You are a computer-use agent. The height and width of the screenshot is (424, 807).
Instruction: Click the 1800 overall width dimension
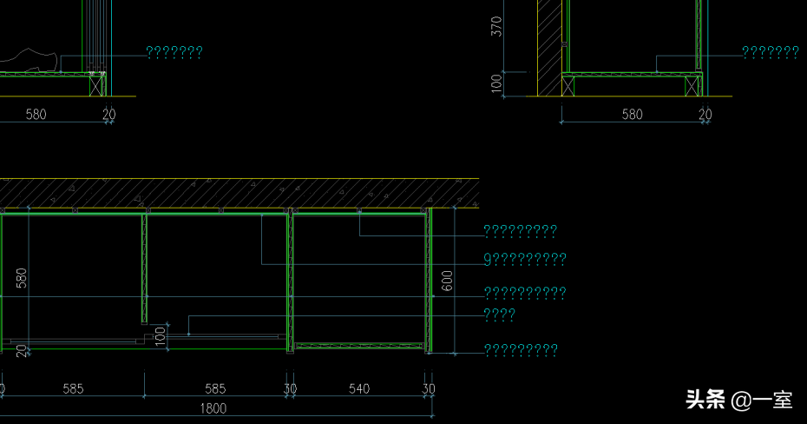click(x=213, y=408)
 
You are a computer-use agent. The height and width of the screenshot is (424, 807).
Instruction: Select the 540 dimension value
click(x=359, y=388)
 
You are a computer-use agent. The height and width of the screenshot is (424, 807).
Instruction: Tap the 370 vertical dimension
click(x=496, y=27)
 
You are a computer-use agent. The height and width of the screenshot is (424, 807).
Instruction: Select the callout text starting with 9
click(x=525, y=259)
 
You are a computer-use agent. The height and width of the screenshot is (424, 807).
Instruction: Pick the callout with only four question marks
click(x=499, y=315)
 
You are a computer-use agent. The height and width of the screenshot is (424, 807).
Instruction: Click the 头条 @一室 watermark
click(x=739, y=401)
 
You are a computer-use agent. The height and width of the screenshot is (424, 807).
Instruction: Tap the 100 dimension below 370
click(x=496, y=83)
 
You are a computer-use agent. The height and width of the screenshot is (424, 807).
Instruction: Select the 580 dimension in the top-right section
click(x=633, y=114)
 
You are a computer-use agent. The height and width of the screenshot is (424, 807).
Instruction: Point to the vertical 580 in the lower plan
click(x=22, y=278)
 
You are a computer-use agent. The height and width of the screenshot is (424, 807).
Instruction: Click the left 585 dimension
click(x=73, y=388)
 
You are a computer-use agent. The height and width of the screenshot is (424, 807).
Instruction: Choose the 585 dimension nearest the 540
click(x=215, y=388)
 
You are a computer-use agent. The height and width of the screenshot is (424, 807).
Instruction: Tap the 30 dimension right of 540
click(x=429, y=388)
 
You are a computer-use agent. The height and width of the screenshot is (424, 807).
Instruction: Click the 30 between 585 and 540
click(x=290, y=388)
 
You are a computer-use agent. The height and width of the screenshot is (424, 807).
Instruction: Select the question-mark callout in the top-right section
click(x=771, y=53)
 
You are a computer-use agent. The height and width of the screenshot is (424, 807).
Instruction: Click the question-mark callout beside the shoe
click(x=174, y=53)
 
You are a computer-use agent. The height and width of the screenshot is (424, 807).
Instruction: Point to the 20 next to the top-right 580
click(x=705, y=114)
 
